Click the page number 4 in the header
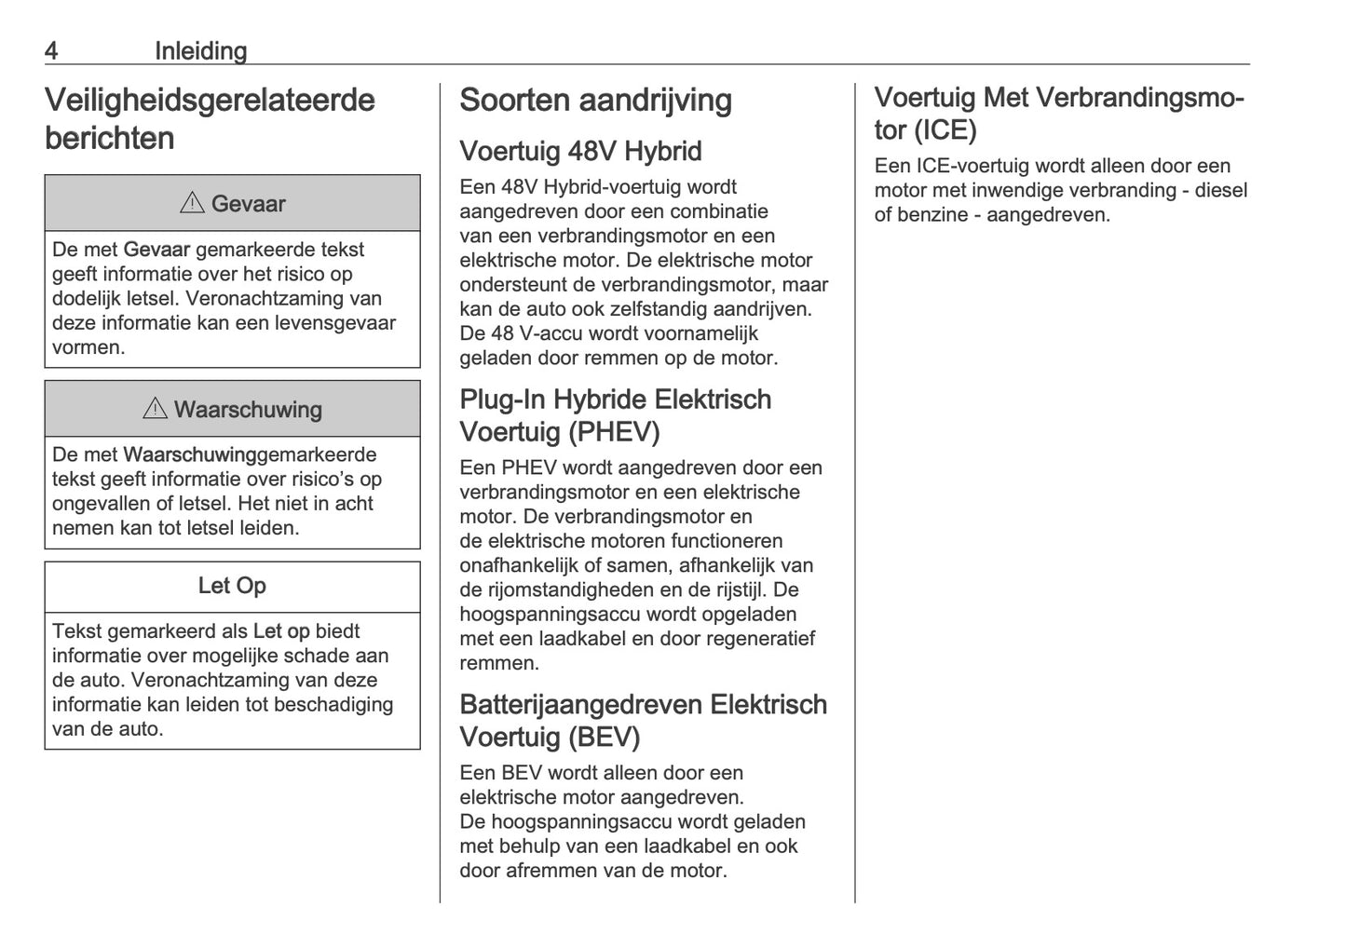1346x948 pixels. coord(51,51)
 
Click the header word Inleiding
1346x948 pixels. coord(200,51)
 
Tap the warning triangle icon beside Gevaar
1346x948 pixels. coord(192,203)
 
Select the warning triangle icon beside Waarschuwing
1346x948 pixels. coord(155,409)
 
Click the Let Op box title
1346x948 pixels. coord(232,586)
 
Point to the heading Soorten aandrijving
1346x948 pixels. coord(595,101)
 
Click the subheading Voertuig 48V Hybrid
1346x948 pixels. coord(580,151)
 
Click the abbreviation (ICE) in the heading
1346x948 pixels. coord(945,130)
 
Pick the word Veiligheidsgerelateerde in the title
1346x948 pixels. coord(210,101)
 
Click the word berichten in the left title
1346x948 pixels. coord(109,139)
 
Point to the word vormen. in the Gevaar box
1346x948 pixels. coord(88,348)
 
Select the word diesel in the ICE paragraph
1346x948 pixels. coord(1220,191)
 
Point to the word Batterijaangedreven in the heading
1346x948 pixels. coord(580,705)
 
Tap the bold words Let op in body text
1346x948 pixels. coord(280,631)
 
